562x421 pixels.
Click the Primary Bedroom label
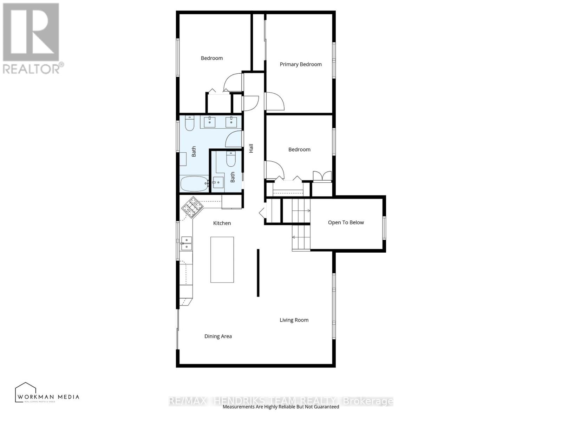(301, 64)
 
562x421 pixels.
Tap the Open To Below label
(346, 222)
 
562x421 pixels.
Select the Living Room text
(294, 320)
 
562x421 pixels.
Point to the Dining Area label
(218, 336)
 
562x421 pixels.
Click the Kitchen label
(222, 223)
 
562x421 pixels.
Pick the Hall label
(251, 148)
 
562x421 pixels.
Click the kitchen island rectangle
(222, 260)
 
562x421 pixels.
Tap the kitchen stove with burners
(192, 207)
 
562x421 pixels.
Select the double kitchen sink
(187, 243)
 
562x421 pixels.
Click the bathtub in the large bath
(194, 183)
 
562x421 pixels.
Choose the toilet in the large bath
(190, 123)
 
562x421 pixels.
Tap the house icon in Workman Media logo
(26, 391)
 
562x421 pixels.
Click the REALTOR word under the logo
(32, 68)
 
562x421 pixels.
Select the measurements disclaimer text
(281, 407)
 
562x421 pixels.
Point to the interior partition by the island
(258, 273)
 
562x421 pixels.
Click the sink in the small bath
(218, 182)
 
